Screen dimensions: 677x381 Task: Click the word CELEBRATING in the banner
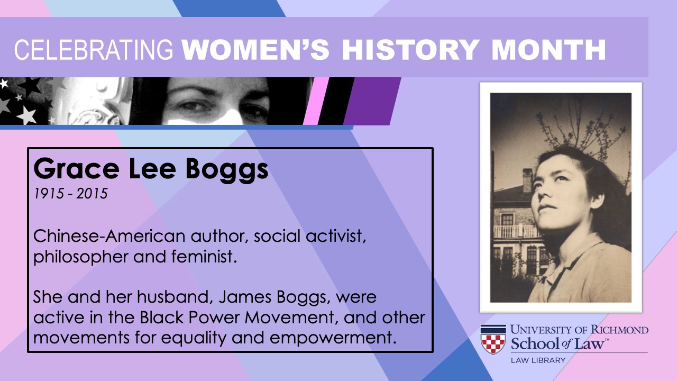pyautogui.click(x=94, y=50)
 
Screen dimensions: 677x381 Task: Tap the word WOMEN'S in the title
pyautogui.click(x=255, y=49)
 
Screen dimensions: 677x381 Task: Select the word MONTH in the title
pyautogui.click(x=548, y=50)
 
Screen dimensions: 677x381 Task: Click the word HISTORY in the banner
pyautogui.click(x=410, y=50)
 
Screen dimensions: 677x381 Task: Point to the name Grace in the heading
pyautogui.click(x=76, y=169)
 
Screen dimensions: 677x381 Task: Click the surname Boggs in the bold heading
pyautogui.click(x=227, y=171)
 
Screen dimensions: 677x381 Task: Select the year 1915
pyautogui.click(x=48, y=194)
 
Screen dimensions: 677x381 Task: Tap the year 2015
pyautogui.click(x=92, y=194)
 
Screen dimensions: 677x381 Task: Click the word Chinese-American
pyautogui.click(x=109, y=236)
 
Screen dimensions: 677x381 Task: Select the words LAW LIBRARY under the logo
pyautogui.click(x=538, y=360)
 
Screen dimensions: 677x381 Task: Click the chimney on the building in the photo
pyautogui.click(x=528, y=180)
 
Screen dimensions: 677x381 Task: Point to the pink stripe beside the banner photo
pyautogui.click(x=316, y=101)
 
